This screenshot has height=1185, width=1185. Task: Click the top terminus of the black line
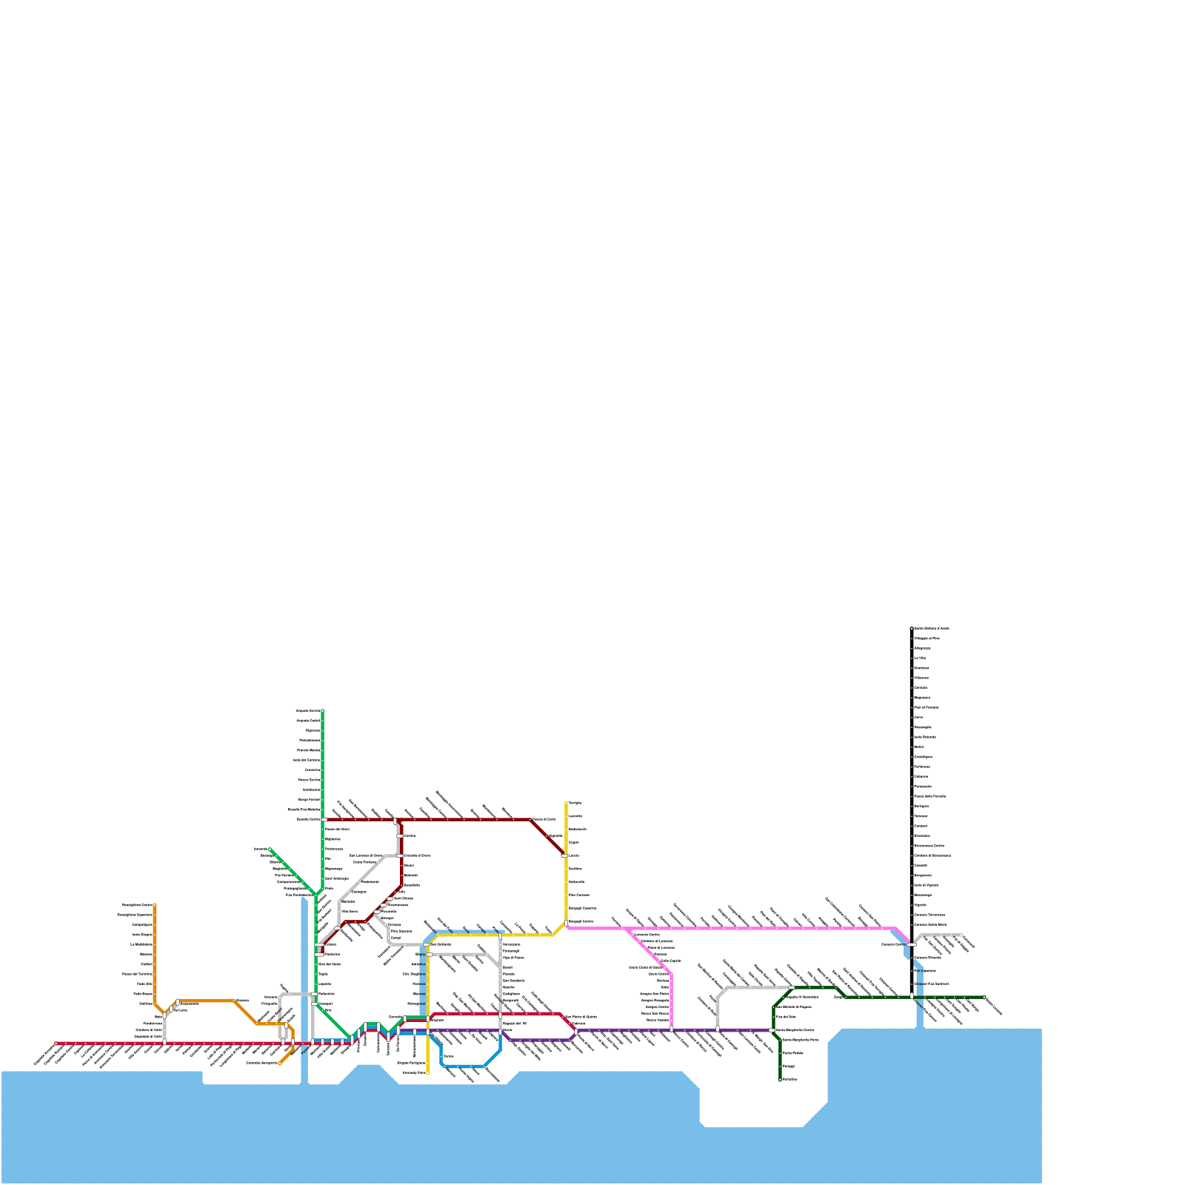[912, 629]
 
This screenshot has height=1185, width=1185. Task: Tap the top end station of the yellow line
[567, 803]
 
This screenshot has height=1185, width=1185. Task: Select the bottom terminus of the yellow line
[428, 1072]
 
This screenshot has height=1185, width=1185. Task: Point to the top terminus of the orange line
[155, 905]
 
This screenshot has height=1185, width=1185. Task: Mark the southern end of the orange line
[280, 1064]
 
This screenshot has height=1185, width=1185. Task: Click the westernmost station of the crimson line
[56, 1044]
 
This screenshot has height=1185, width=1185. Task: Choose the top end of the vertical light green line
[322, 711]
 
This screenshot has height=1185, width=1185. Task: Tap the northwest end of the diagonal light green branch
[270, 849]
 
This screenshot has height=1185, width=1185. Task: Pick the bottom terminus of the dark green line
[780, 1079]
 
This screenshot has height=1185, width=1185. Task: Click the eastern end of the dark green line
[984, 998]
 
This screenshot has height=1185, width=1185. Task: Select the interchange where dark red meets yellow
[565, 855]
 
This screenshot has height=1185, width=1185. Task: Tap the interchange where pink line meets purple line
[671, 1029]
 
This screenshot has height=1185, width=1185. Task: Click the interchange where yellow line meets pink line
[567, 924]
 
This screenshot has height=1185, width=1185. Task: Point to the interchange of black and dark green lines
[912, 997]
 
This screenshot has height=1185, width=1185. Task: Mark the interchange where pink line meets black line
[912, 944]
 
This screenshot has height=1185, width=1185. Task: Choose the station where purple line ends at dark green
[772, 1029]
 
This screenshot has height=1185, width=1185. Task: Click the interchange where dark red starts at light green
[323, 820]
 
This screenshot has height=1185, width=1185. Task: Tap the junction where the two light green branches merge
[317, 895]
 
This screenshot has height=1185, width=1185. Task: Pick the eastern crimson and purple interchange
[575, 1029]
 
